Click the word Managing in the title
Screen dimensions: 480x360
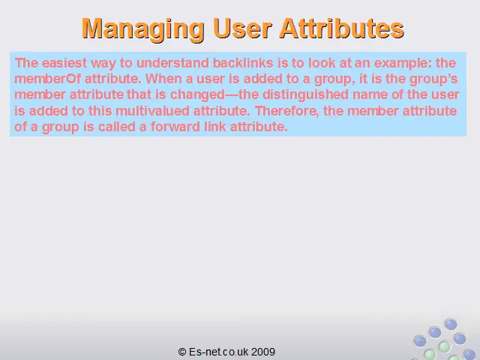point(143,29)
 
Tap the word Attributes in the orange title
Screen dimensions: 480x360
point(342,28)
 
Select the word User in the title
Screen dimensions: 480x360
point(242,28)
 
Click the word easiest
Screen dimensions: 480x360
point(64,63)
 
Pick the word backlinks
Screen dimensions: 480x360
point(243,63)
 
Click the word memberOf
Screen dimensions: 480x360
point(47,79)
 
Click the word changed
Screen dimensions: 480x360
point(197,95)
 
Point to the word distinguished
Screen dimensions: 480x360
point(305,95)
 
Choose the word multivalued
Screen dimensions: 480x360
point(152,110)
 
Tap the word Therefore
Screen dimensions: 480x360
point(286,111)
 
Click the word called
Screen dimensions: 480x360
point(117,127)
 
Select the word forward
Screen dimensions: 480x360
point(175,127)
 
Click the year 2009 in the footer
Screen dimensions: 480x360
point(263,352)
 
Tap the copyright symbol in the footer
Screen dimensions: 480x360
point(182,352)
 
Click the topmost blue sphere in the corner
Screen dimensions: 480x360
point(451,324)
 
